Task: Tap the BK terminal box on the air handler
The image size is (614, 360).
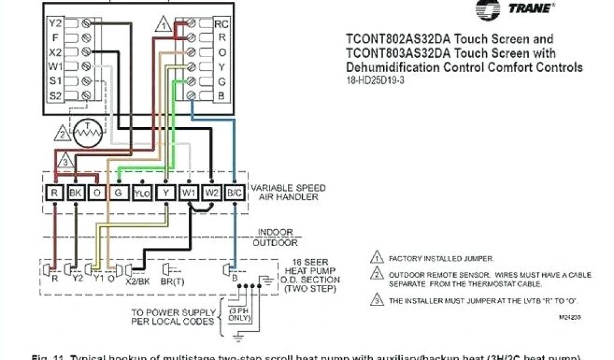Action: pyautogui.click(x=76, y=193)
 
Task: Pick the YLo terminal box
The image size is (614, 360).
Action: pyautogui.click(x=142, y=193)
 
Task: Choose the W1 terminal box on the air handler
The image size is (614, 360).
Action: pyautogui.click(x=189, y=193)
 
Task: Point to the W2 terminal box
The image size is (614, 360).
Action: pyautogui.click(x=212, y=193)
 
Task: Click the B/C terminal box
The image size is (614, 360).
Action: pyautogui.click(x=234, y=193)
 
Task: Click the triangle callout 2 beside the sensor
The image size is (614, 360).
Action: pyautogui.click(x=62, y=133)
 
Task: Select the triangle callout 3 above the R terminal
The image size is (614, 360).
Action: pyautogui.click(x=67, y=161)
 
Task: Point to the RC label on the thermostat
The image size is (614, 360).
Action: pyautogui.click(x=221, y=24)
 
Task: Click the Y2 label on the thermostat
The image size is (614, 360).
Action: pyautogui.click(x=55, y=23)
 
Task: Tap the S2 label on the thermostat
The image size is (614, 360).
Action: pyautogui.click(x=55, y=95)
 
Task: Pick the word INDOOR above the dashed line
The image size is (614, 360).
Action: pyautogui.click(x=275, y=232)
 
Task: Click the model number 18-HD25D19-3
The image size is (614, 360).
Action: pyautogui.click(x=375, y=80)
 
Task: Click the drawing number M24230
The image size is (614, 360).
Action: pyautogui.click(x=569, y=316)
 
